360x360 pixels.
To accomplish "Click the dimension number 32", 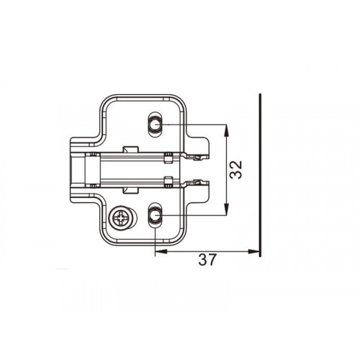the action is tap(235, 170).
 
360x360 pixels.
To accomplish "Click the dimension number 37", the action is tap(207, 260).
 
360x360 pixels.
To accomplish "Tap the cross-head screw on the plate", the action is tap(120, 218).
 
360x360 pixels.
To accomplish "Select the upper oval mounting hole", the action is tap(155, 125).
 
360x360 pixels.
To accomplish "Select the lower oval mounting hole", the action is tap(155, 215).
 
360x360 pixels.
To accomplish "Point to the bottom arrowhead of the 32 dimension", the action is tap(226, 209).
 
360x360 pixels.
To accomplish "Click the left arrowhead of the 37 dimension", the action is tap(161, 251).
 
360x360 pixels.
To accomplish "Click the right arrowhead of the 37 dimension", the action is tap(253, 251).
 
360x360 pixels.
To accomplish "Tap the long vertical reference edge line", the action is tap(260, 175).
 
